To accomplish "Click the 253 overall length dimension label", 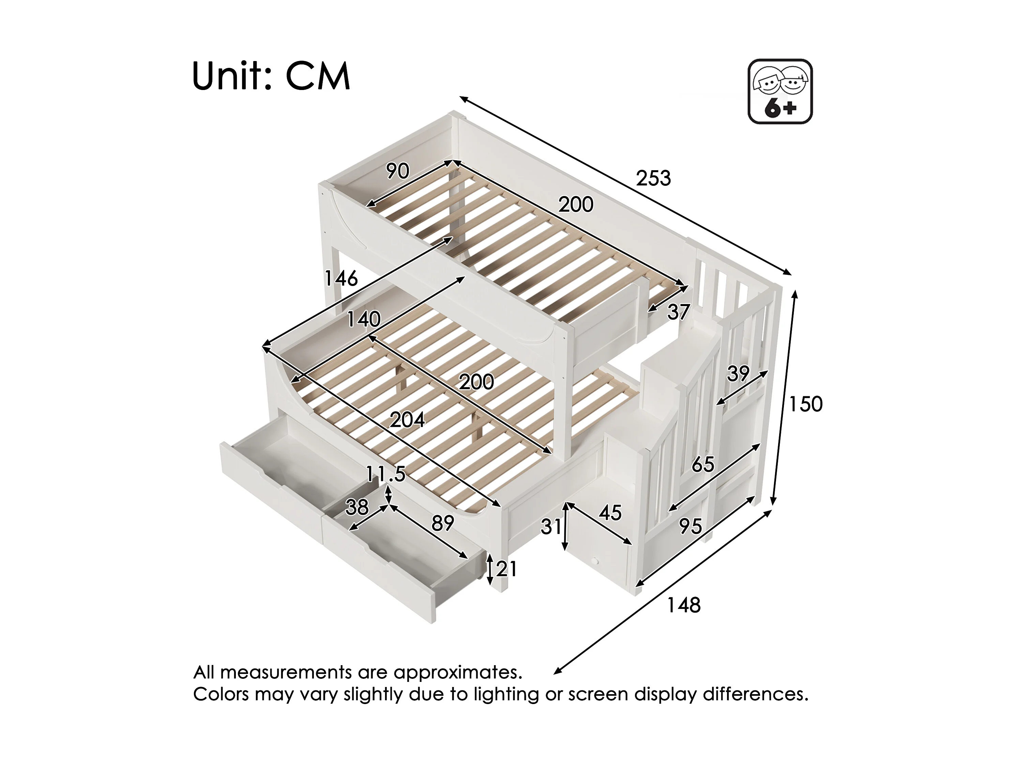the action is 653,178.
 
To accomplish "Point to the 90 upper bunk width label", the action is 397,171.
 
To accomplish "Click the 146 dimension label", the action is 341,278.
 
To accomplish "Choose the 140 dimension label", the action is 363,319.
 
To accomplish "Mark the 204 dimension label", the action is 407,420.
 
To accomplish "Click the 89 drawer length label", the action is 442,523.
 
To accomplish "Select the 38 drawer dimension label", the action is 357,507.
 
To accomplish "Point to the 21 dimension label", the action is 506,569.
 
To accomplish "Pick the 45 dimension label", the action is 610,513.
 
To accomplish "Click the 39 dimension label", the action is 738,374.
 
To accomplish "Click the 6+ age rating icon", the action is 780,91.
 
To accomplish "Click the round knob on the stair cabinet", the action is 595,561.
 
